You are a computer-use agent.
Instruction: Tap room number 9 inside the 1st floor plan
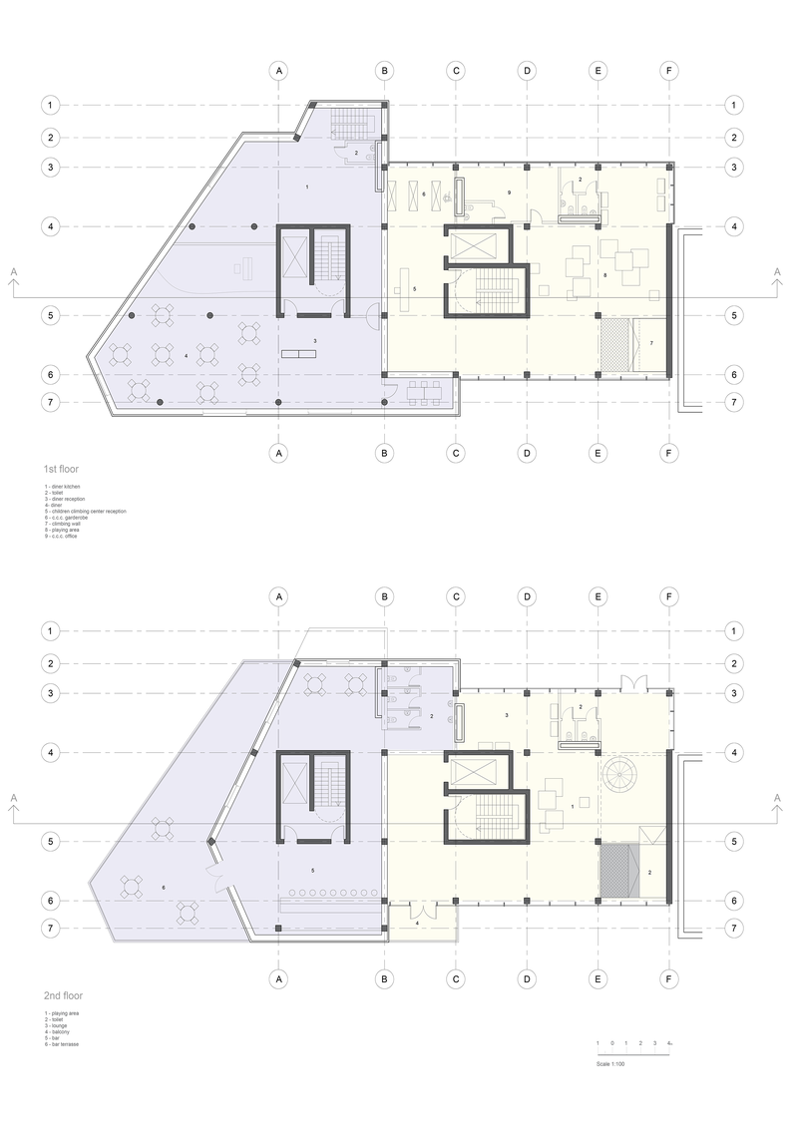509,191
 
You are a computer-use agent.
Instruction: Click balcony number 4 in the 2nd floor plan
417,924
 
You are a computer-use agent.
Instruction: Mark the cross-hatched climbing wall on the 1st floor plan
618,344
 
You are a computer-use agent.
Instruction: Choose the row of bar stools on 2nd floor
329,893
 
